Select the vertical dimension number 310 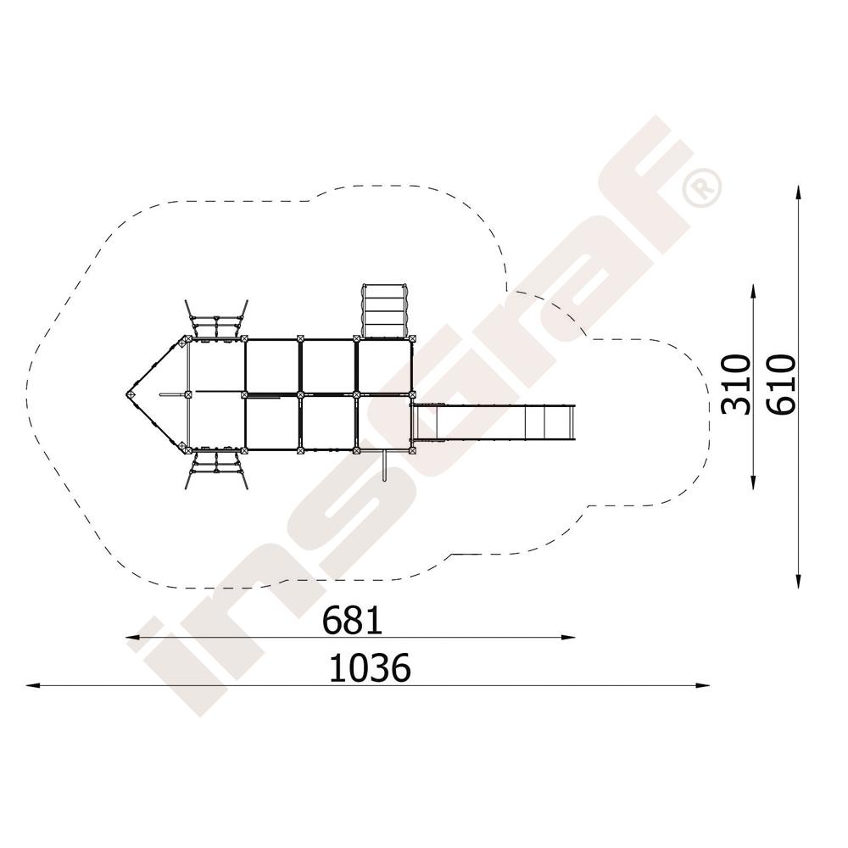tap(737, 384)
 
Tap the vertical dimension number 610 tap(783, 384)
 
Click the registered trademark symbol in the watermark tap(702, 187)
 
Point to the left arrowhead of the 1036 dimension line tap(32, 685)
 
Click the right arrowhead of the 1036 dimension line tap(703, 685)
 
